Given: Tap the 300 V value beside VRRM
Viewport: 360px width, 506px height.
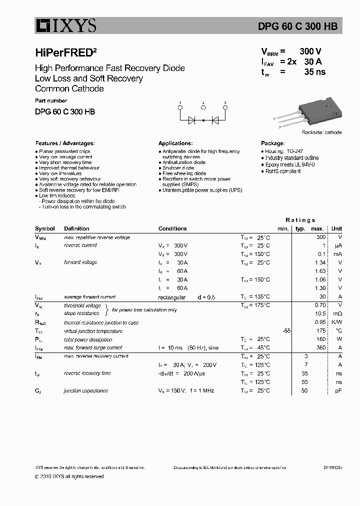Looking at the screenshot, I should [310, 51].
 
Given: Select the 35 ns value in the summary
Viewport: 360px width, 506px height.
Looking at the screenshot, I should [314, 72].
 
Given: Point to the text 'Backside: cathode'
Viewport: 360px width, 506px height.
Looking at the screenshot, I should [321, 132].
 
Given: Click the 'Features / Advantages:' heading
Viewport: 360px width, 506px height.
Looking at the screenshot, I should [64, 143].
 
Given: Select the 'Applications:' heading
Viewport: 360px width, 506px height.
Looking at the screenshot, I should [175, 143].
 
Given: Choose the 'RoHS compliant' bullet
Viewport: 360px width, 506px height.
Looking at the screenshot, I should [282, 171].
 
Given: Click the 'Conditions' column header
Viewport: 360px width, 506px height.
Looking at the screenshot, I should [172, 228].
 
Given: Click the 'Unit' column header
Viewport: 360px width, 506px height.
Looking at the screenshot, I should [336, 228].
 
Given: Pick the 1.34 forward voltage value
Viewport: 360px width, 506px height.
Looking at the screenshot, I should [320, 262].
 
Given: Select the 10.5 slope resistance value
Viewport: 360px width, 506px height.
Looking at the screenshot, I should [321, 313].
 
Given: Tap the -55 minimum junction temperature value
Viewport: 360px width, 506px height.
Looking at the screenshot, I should [286, 331].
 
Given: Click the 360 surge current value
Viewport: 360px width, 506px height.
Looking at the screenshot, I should [321, 347].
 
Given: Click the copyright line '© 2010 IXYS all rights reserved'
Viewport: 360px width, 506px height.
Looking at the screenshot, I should [69, 476].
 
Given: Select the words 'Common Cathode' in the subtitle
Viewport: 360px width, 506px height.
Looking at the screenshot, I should [69, 88].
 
